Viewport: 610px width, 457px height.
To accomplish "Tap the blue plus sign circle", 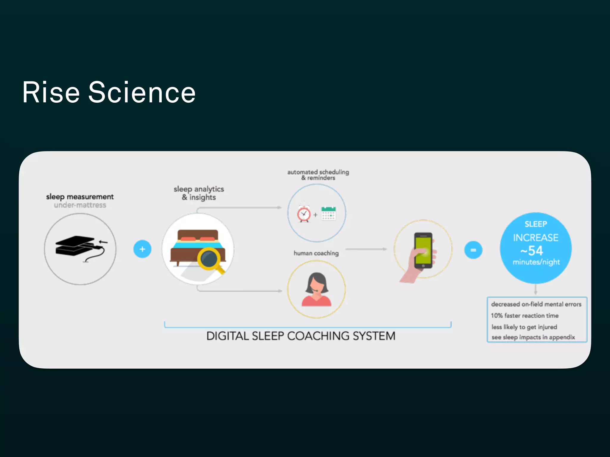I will pyautogui.click(x=142, y=249).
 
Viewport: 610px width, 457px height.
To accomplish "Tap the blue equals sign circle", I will pyautogui.click(x=473, y=250).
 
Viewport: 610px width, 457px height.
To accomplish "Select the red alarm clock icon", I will pyautogui.click(x=304, y=214).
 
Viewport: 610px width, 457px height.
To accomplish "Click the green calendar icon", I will pyautogui.click(x=329, y=213).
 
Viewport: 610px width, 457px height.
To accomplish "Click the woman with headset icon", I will pyautogui.click(x=317, y=289).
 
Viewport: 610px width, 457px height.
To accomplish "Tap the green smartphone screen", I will pyautogui.click(x=423, y=250).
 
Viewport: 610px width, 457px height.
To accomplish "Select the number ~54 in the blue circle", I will pyautogui.click(x=532, y=251).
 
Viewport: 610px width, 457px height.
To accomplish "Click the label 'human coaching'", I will pyautogui.click(x=316, y=253).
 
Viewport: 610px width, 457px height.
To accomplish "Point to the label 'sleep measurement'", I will pyautogui.click(x=80, y=197).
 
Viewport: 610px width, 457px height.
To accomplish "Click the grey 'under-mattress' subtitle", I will pyautogui.click(x=80, y=205).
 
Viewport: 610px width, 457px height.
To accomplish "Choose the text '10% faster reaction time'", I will pyautogui.click(x=525, y=316).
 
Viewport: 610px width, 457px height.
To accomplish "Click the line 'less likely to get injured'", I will pyautogui.click(x=524, y=327).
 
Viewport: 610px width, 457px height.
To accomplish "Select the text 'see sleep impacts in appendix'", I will pyautogui.click(x=533, y=337).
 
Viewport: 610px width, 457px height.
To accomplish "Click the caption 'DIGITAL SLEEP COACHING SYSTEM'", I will pyautogui.click(x=301, y=336).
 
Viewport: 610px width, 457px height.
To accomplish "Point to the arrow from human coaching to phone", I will pyautogui.click(x=366, y=249).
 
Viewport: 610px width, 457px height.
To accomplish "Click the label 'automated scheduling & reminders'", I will pyautogui.click(x=318, y=175).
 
